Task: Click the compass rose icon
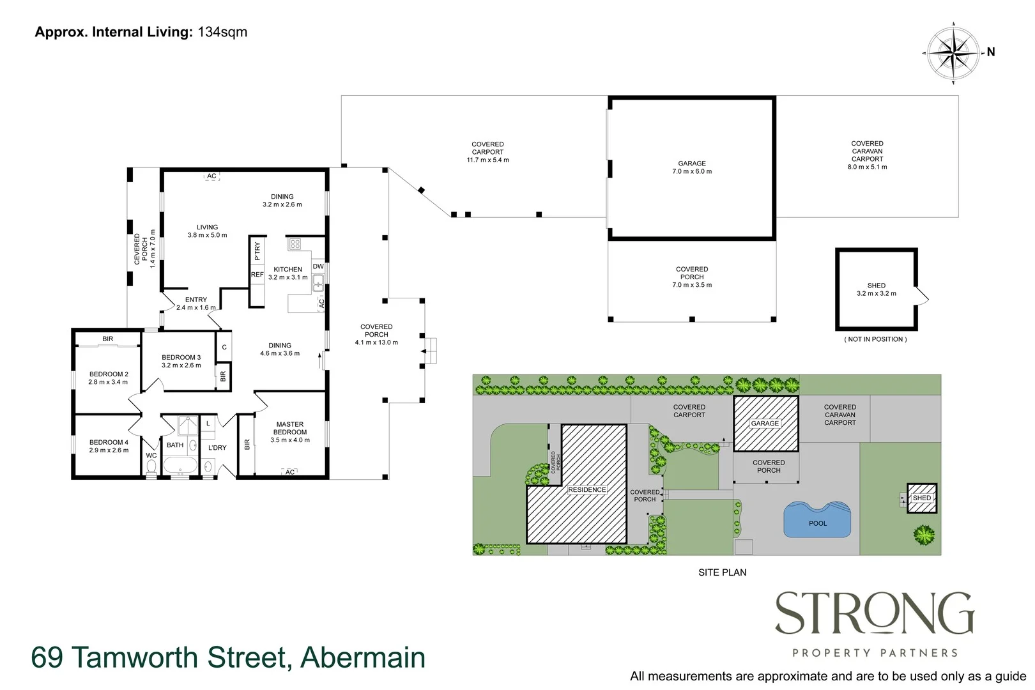953,53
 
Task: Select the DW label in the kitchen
318,266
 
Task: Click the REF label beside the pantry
257,275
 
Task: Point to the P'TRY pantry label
257,250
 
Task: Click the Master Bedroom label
290,432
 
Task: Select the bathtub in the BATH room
181,465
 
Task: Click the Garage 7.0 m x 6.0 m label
692,167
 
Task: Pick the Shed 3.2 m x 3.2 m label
876,289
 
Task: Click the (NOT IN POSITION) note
875,339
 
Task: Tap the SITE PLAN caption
722,572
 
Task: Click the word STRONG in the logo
875,614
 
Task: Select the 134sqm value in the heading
222,32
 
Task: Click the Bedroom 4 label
109,446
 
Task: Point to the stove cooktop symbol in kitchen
295,244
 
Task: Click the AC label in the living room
211,176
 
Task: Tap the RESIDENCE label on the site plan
586,490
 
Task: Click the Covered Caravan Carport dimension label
867,155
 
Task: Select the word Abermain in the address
363,657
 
